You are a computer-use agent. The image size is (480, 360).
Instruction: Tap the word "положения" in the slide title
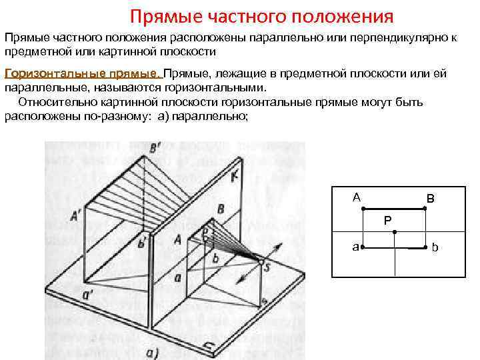point(343,15)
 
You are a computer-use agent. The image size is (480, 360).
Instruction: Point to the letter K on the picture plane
point(234,178)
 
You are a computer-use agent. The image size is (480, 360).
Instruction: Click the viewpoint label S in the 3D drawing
point(267,267)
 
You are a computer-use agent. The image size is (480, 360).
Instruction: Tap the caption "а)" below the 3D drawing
point(152,352)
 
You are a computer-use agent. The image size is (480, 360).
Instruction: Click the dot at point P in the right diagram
point(395,232)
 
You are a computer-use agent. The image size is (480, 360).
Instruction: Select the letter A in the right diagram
point(357,197)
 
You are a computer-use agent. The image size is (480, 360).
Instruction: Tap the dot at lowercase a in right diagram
point(362,247)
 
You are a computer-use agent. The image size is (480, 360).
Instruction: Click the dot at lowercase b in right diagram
point(427,248)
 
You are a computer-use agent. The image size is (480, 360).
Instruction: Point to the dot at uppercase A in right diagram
point(363,209)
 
